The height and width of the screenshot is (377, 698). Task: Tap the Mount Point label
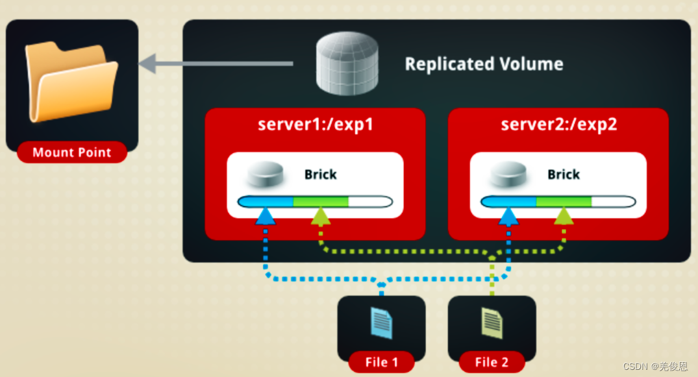(x=71, y=152)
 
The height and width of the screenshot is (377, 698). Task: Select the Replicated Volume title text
(x=484, y=64)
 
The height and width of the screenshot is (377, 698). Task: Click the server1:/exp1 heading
(x=316, y=124)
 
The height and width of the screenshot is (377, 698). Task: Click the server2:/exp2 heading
(x=558, y=124)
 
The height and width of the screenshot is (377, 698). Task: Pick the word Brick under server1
(x=321, y=175)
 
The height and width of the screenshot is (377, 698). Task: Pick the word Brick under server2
(x=564, y=175)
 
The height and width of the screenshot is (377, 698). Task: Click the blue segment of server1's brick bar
(x=266, y=201)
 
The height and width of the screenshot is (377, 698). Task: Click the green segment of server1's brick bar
(x=320, y=201)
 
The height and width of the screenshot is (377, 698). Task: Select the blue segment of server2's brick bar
(x=509, y=201)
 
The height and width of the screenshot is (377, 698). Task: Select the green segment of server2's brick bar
(x=563, y=201)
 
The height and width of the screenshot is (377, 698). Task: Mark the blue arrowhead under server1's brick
(x=266, y=216)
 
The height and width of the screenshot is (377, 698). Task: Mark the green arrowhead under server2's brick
(x=564, y=216)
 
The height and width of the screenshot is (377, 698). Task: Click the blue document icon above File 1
(x=381, y=322)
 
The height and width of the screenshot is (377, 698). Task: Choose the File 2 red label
(x=492, y=362)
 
